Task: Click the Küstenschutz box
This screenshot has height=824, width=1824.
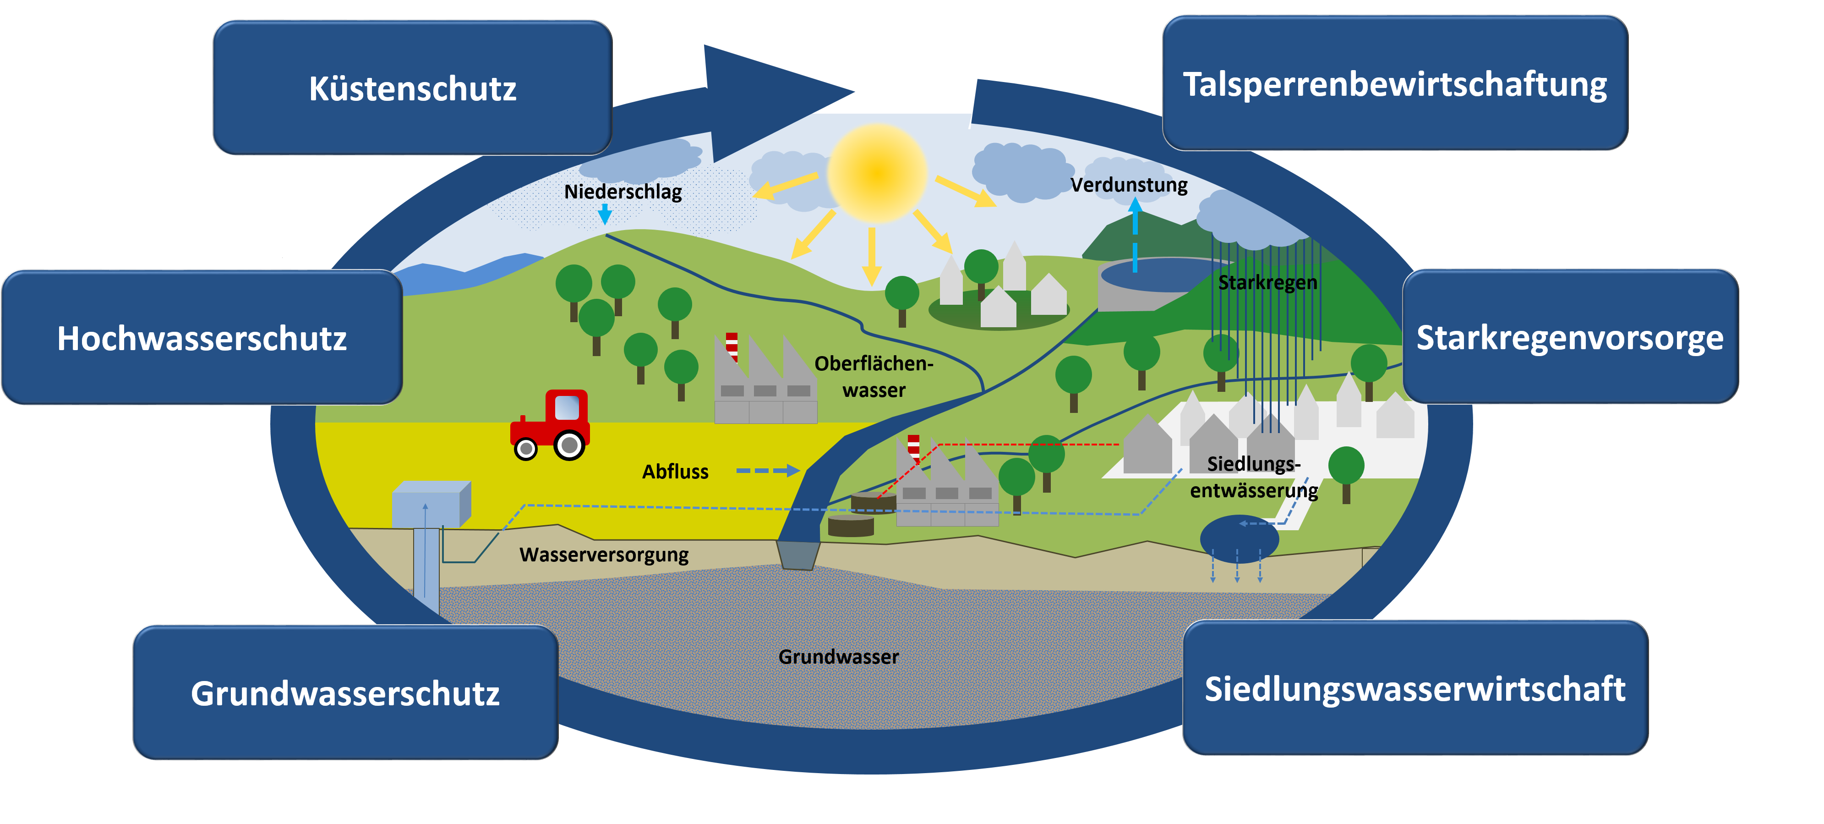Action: coord(413,88)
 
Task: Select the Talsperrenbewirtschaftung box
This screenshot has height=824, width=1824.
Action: coord(1395,83)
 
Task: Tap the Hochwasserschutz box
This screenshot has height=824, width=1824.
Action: coord(202,337)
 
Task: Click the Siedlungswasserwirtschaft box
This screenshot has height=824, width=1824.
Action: coord(1415,688)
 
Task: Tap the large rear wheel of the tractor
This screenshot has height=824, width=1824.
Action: coord(569,445)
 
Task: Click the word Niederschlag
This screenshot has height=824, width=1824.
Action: coord(623,191)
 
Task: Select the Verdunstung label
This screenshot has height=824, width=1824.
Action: coord(1129,185)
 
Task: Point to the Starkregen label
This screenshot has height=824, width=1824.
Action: coord(1267,282)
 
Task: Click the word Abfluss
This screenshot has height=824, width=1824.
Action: coord(675,471)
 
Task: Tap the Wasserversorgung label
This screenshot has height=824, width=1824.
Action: coord(604,554)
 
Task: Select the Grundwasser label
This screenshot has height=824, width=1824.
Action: coord(838,657)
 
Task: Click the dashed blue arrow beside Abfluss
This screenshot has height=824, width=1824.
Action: coord(768,471)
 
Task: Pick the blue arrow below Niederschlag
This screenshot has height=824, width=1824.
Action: coord(605,214)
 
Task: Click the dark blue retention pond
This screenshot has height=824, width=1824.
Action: coord(1239,538)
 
